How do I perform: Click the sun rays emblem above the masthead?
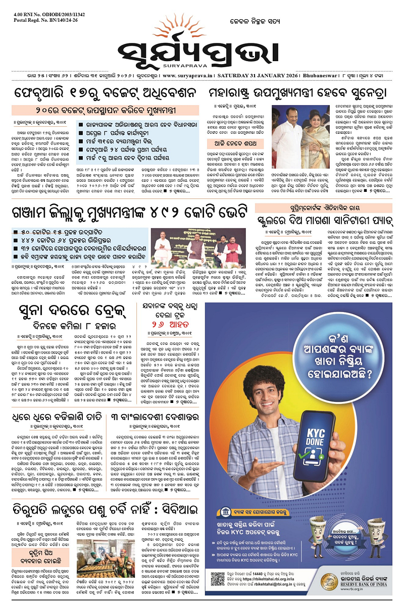click(201, 31)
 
